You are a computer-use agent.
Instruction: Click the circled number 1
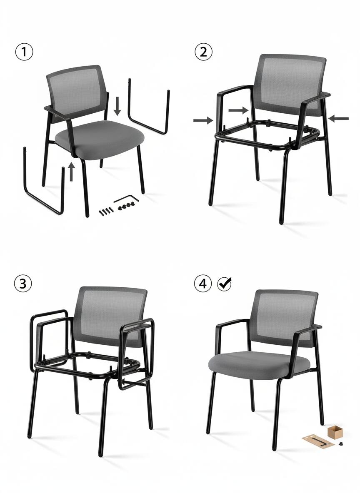(24, 52)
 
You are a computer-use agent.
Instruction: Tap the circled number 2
(204, 52)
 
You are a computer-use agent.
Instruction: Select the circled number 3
(23, 284)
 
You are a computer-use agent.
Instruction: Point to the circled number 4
(203, 284)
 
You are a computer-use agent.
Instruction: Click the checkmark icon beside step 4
(225, 284)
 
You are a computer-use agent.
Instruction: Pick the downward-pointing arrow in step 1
(117, 106)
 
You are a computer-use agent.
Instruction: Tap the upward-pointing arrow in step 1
(71, 172)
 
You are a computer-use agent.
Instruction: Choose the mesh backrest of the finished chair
(285, 318)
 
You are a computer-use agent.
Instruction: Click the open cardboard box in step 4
(335, 432)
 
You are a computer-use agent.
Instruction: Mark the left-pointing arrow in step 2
(338, 119)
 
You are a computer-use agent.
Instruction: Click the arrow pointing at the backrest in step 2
(238, 110)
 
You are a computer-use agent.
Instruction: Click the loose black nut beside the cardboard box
(340, 444)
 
